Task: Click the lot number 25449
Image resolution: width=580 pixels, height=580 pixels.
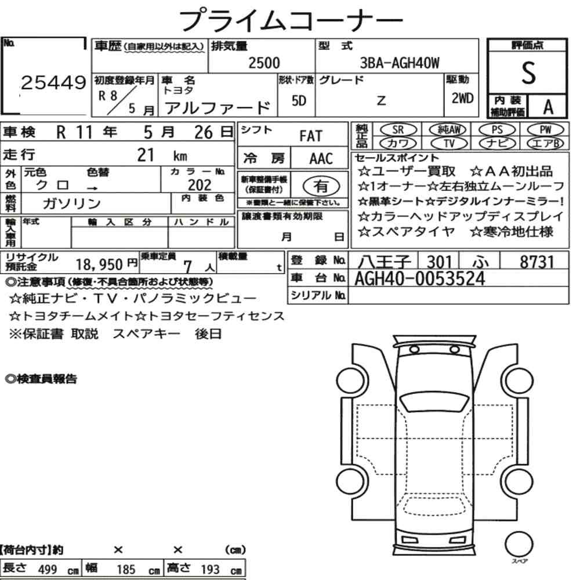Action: pos(53,82)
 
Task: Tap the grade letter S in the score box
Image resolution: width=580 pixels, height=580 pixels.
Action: pos(528,73)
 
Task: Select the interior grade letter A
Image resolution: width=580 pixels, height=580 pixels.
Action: pos(548,107)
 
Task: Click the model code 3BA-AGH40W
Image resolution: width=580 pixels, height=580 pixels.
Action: pos(400,63)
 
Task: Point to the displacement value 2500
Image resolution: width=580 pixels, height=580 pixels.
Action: pos(264,63)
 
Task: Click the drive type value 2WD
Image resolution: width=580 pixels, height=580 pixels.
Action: pos(462,98)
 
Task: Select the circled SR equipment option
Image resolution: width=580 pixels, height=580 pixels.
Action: pos(398,130)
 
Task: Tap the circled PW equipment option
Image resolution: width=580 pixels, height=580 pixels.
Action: pos(545,130)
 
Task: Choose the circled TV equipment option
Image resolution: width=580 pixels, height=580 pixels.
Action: pos(449,143)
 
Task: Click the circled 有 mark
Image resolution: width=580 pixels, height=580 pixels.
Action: pos(321,186)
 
